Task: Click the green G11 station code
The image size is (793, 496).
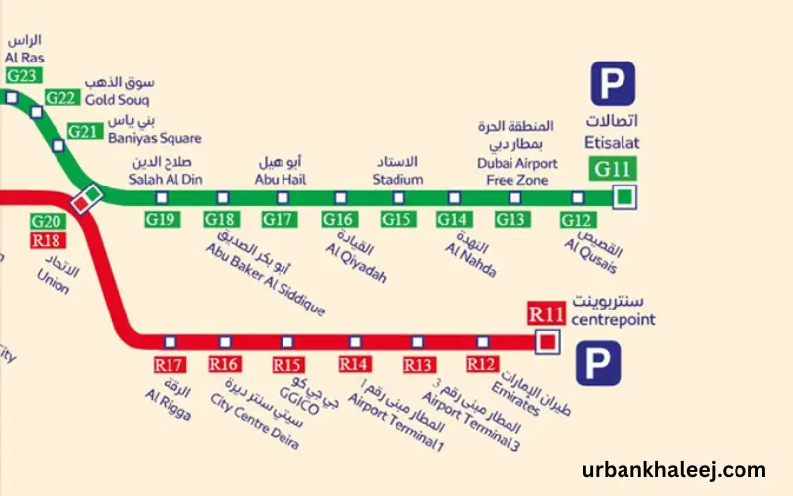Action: click(614, 168)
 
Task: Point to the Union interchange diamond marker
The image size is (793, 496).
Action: click(86, 197)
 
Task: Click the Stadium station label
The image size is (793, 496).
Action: click(397, 179)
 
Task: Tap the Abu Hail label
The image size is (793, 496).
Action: click(280, 179)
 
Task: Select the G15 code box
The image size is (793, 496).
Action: click(396, 219)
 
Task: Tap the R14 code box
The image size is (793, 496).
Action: click(355, 364)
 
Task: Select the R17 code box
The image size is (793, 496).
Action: click(170, 364)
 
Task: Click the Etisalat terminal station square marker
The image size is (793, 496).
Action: click(623, 198)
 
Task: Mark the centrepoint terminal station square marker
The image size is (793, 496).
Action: click(546, 342)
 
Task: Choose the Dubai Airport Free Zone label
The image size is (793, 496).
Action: click(516, 171)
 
